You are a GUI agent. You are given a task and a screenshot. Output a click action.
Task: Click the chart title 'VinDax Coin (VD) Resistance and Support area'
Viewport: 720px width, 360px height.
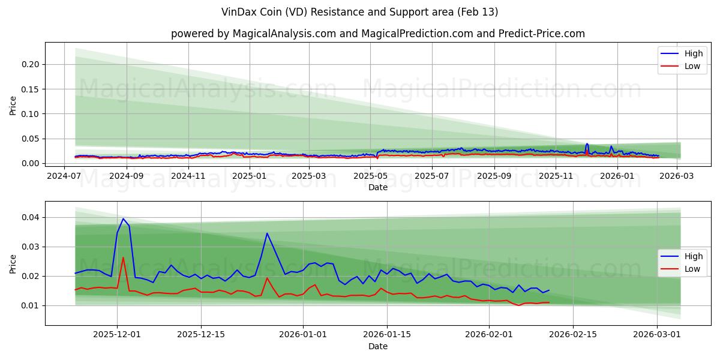tap(359, 12)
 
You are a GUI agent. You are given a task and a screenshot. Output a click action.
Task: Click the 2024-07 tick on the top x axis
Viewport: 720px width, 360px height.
tap(64, 176)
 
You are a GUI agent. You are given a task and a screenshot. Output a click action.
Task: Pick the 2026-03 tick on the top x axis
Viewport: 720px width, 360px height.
tap(677, 176)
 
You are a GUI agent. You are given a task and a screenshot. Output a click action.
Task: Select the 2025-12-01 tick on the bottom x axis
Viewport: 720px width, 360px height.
tap(117, 335)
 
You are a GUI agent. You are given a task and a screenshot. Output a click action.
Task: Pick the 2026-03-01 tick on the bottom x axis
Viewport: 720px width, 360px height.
tap(657, 335)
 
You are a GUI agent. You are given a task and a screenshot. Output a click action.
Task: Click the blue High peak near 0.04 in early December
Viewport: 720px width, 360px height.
tap(123, 219)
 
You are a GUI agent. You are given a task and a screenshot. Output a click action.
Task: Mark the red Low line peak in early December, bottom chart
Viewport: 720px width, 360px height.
tap(123, 258)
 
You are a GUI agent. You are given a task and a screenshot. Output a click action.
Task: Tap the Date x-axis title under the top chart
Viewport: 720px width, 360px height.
tap(377, 187)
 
